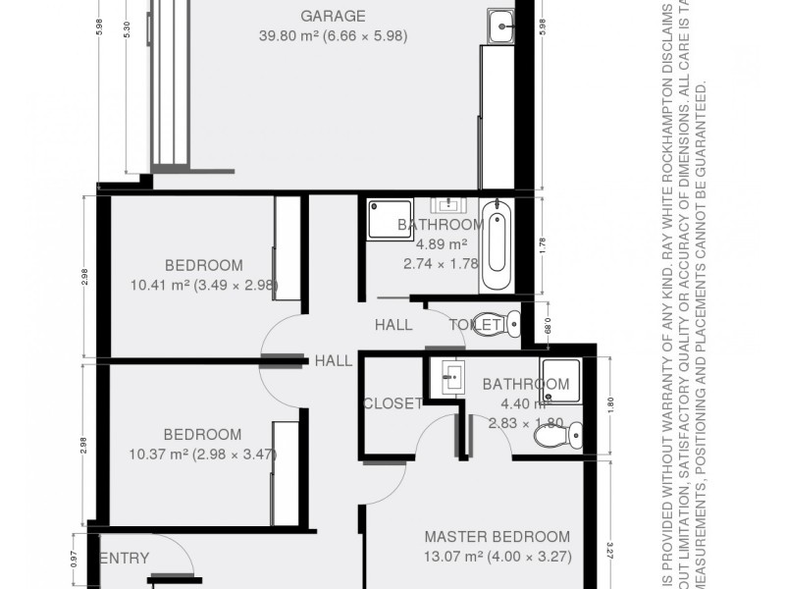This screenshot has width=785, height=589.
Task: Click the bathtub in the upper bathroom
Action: [x=497, y=245]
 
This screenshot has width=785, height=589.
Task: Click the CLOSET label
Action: [x=392, y=403]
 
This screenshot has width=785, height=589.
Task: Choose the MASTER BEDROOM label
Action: [x=497, y=537]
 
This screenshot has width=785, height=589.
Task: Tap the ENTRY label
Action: [x=125, y=559]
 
